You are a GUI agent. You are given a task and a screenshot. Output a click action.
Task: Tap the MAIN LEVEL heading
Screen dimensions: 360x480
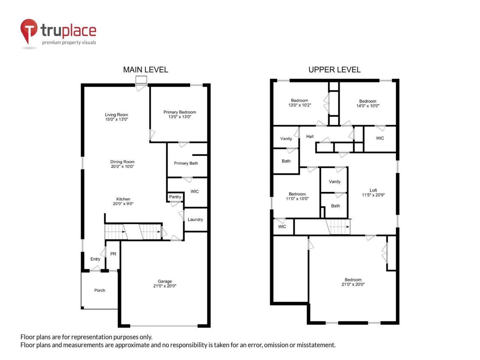pyautogui.click(x=145, y=70)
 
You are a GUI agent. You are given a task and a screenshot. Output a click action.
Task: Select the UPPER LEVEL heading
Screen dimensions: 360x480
pyautogui.click(x=334, y=70)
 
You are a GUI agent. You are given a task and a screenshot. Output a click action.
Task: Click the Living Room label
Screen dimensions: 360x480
pyautogui.click(x=116, y=115)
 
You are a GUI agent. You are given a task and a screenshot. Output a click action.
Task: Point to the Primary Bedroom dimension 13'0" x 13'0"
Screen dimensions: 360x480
pyautogui.click(x=180, y=117)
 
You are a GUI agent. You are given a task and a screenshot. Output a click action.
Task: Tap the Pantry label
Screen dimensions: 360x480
pyautogui.click(x=175, y=197)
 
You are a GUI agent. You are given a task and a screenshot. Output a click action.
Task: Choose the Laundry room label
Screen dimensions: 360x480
pyautogui.click(x=195, y=220)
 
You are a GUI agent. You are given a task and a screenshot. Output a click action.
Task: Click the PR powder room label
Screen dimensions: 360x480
pyautogui.click(x=113, y=254)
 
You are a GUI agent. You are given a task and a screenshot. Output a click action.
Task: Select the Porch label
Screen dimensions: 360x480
pyautogui.click(x=100, y=290)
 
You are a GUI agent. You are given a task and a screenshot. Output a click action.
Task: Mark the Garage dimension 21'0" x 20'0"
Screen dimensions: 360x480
pyautogui.click(x=165, y=286)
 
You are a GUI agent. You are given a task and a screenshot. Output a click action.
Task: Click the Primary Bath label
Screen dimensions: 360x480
pyautogui.click(x=186, y=163)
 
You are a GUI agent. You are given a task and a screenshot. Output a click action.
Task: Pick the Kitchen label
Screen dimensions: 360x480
pyautogui.click(x=123, y=199)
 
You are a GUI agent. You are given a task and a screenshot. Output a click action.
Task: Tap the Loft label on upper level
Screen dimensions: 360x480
pyautogui.click(x=373, y=190)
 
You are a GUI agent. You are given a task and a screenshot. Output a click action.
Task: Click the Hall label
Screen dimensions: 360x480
pyautogui.click(x=310, y=136)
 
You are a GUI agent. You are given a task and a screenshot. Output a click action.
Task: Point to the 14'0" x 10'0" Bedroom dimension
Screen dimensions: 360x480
pyautogui.click(x=367, y=106)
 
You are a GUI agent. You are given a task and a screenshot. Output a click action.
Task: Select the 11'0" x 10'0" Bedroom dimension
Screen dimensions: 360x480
pyautogui.click(x=297, y=199)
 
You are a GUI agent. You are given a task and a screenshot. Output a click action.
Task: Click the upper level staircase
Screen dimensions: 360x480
pyautogui.click(x=339, y=226)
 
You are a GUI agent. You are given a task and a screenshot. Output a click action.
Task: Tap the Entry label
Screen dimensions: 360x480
pyautogui.click(x=95, y=259)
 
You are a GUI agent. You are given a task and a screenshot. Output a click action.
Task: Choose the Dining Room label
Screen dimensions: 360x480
pyautogui.click(x=122, y=162)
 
